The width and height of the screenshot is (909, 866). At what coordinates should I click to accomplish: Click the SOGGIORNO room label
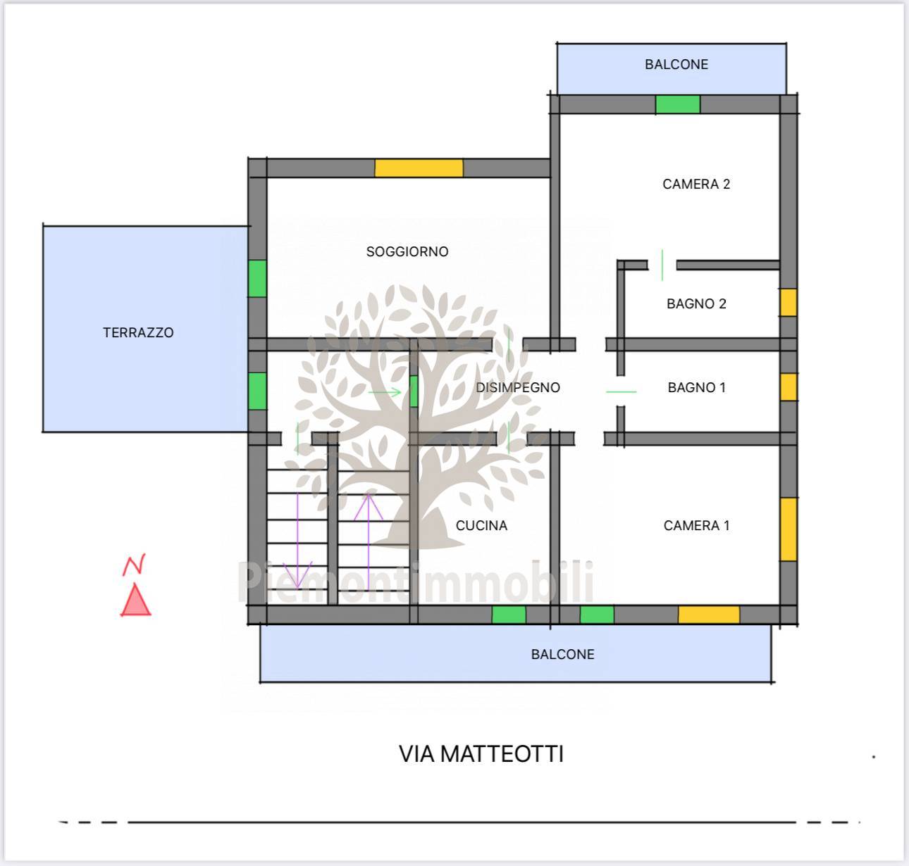click(x=407, y=251)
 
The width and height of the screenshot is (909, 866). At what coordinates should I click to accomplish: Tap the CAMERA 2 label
click(x=696, y=184)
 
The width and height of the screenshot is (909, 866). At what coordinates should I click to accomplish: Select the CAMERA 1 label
click(x=696, y=525)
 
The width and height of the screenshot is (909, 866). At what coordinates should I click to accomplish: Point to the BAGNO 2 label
click(x=696, y=303)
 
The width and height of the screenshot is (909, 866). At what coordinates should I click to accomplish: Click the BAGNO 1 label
click(x=696, y=387)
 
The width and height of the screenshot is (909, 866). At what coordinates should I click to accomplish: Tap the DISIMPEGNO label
click(x=518, y=387)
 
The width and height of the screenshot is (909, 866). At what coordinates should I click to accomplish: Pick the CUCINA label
click(x=481, y=525)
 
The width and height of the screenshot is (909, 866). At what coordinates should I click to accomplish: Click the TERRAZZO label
click(x=138, y=332)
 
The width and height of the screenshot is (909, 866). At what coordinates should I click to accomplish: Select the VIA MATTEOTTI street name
click(x=481, y=754)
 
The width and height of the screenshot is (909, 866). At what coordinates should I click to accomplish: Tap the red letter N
click(x=134, y=565)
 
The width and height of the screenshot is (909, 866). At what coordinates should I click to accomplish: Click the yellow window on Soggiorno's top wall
click(x=419, y=168)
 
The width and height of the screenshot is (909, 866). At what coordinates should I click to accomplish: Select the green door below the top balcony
click(x=678, y=104)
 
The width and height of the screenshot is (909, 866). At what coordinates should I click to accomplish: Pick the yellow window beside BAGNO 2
click(x=789, y=303)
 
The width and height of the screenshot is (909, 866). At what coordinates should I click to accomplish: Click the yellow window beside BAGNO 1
click(x=789, y=387)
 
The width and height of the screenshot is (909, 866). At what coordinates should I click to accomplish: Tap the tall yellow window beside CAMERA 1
click(x=789, y=529)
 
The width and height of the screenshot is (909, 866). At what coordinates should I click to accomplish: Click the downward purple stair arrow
click(x=297, y=541)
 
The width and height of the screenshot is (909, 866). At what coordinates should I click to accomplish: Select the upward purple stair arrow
click(x=369, y=541)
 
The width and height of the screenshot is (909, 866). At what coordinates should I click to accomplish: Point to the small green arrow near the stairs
click(x=385, y=393)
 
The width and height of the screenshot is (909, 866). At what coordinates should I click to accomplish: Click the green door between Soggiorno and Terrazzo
click(x=257, y=278)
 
